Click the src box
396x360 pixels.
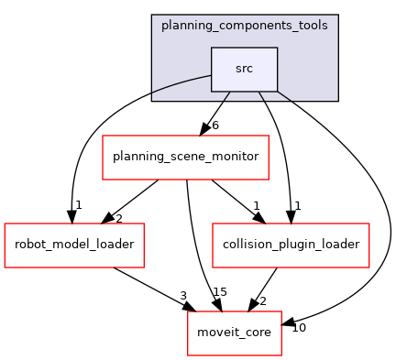[x=244, y=69]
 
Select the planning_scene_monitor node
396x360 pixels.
[x=185, y=157]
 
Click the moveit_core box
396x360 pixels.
[x=234, y=332]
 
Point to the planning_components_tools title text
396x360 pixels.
[x=245, y=25]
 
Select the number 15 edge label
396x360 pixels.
[x=220, y=292]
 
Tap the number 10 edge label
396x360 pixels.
[x=299, y=327]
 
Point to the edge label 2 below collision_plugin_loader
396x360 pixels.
[x=263, y=300]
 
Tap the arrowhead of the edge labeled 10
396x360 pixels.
[x=287, y=324]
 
